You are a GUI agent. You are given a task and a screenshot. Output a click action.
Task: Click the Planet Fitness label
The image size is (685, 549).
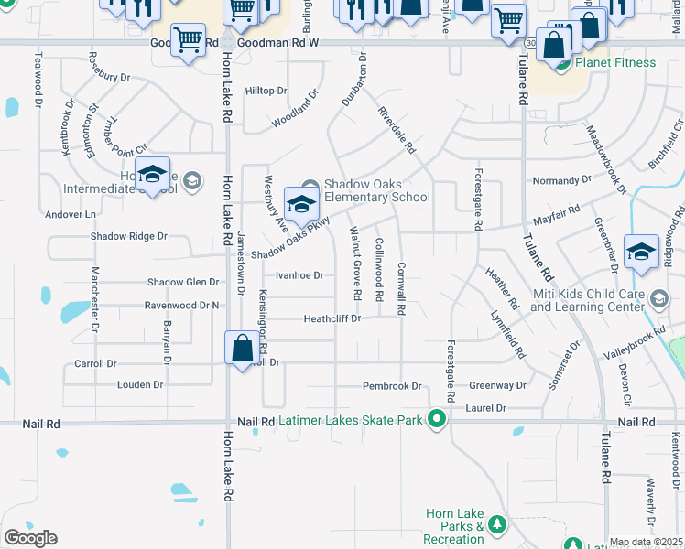(x=614, y=62)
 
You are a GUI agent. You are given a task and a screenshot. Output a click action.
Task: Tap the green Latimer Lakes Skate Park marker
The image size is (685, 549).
(x=438, y=420)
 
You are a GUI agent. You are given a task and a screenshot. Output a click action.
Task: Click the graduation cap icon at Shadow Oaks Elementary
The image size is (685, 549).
(x=301, y=203)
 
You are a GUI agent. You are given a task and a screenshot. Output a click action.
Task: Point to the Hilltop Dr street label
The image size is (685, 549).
(x=266, y=91)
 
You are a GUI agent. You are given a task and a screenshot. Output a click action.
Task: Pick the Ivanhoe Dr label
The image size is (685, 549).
(x=299, y=275)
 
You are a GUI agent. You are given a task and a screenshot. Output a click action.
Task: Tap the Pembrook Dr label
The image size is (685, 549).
(x=391, y=386)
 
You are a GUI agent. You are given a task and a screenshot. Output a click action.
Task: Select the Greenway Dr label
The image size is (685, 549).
(x=497, y=386)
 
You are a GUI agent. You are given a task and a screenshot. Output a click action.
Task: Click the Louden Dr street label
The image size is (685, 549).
(x=140, y=385)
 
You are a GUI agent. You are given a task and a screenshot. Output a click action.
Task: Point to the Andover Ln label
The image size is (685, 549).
(x=71, y=215)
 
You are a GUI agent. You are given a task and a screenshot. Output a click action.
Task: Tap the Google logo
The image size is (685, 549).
(x=30, y=538)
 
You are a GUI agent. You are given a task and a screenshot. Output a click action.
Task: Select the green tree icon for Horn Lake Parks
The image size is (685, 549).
(x=497, y=525)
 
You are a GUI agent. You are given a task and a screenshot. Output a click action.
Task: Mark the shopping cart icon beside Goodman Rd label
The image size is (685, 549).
(x=188, y=38)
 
